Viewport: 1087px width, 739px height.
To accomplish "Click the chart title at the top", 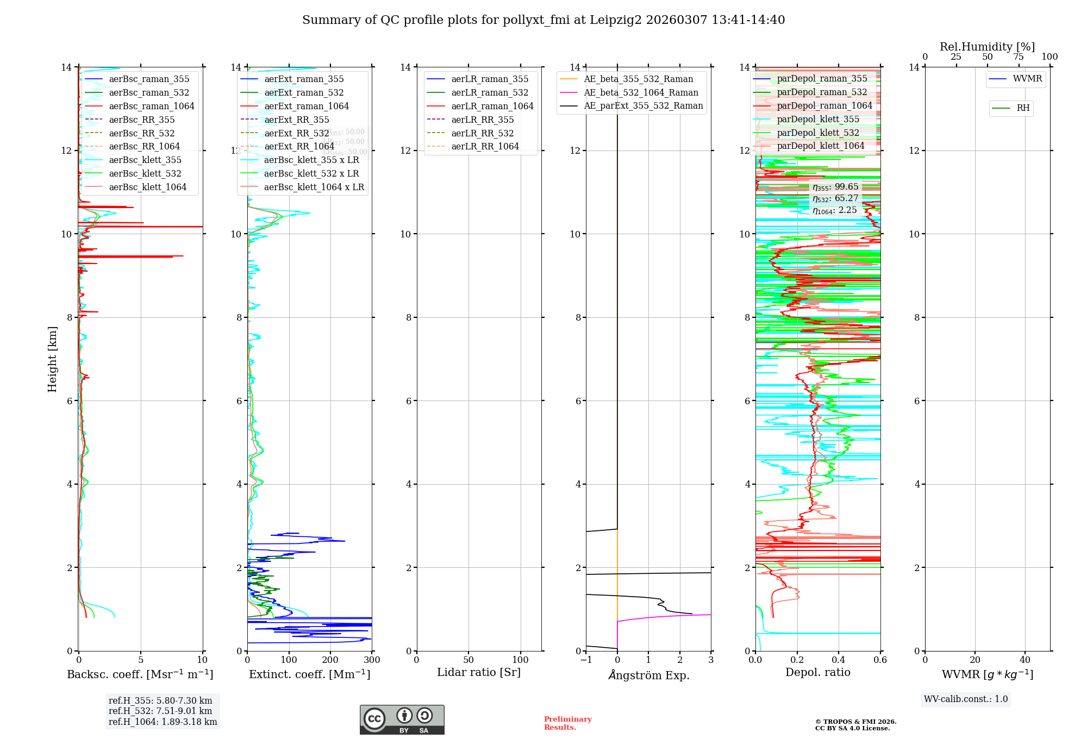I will coord(543,20).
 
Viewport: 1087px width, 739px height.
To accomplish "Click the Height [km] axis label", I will coord(52,359).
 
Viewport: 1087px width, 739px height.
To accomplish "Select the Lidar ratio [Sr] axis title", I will coord(479,673).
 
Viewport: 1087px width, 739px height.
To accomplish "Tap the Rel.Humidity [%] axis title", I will coord(987,47).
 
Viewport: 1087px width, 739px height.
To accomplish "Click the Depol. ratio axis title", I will coord(817,673).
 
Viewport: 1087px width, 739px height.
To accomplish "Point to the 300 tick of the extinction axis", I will coord(372,660).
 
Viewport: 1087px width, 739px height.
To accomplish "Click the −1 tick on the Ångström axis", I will coord(586,660).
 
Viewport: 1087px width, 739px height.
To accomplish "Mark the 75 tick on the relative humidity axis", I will coord(1019,57).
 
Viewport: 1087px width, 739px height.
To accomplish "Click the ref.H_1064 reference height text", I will coord(163,722).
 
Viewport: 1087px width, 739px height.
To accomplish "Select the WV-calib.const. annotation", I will coord(966,699).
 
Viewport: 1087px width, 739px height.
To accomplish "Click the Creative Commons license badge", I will coord(402,720).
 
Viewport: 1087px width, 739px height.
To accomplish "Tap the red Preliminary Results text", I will coord(567,723).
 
